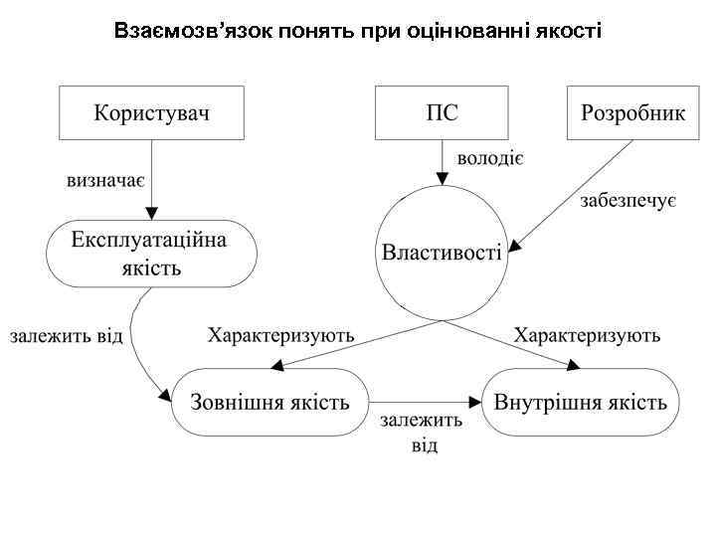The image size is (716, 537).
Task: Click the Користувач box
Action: [151, 112]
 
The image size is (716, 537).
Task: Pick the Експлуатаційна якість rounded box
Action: [150, 254]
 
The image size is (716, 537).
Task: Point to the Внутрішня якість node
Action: [581, 402]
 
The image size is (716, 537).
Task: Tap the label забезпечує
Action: [628, 203]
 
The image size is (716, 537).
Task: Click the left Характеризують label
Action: [280, 335]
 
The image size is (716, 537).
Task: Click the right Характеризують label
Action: [587, 335]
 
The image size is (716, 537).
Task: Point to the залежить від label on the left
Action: [67, 335]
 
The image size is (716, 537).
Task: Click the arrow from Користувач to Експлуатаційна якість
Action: [151, 179]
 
